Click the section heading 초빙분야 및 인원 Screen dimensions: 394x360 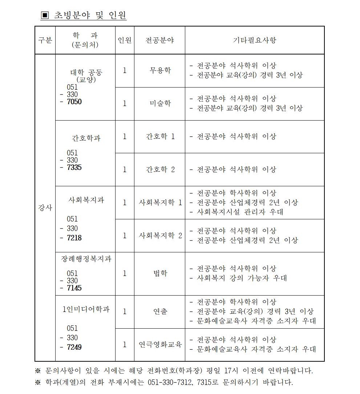pyautogui.click(x=90, y=15)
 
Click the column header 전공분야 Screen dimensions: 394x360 pyautogui.click(x=159, y=40)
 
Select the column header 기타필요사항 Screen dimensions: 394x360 pyautogui.click(x=254, y=40)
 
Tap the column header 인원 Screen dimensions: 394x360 pyautogui.click(x=125, y=40)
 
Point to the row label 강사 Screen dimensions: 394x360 pyautogui.click(x=45, y=208)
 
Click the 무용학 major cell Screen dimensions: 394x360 pyautogui.click(x=159, y=70)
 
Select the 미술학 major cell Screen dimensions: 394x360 pyautogui.click(x=159, y=103)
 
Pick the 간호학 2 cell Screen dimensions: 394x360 pyautogui.click(x=159, y=170)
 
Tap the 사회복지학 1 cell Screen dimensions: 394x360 pyautogui.click(x=159, y=203)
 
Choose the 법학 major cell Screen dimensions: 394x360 pyautogui.click(x=159, y=273)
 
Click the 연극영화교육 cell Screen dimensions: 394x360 pyautogui.click(x=159, y=345)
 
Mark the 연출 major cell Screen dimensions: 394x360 pyautogui.click(x=159, y=312)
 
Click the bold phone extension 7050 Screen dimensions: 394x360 pyautogui.click(x=74, y=102)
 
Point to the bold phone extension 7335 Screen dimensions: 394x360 pyautogui.click(x=74, y=168)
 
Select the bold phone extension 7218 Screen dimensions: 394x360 pyautogui.click(x=74, y=238)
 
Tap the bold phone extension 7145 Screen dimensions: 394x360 pyautogui.click(x=74, y=288)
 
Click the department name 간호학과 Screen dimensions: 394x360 pyautogui.click(x=86, y=138)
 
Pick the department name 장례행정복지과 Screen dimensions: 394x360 pyautogui.click(x=86, y=259)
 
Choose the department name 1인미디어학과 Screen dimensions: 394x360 pyautogui.click(x=86, y=310)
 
